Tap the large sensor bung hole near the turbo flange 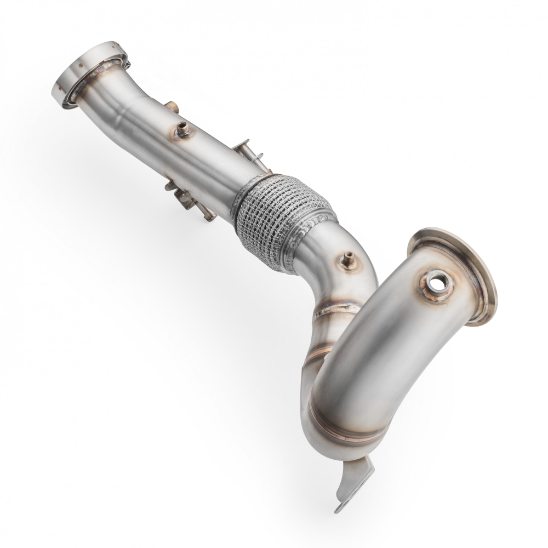click(x=437, y=283)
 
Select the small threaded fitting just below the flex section click(x=347, y=260)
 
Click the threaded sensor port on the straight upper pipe click(x=182, y=130)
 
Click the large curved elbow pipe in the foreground click(x=373, y=351)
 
